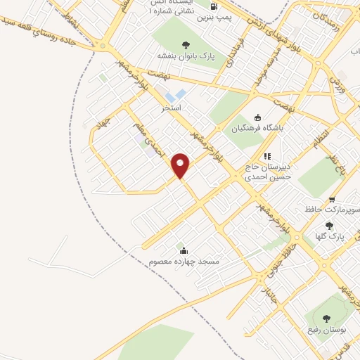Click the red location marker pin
181,166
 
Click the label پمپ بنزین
214,15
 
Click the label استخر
171,108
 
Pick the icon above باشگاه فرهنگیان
257,117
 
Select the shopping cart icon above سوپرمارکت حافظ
332,199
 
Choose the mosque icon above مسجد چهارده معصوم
184,251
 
